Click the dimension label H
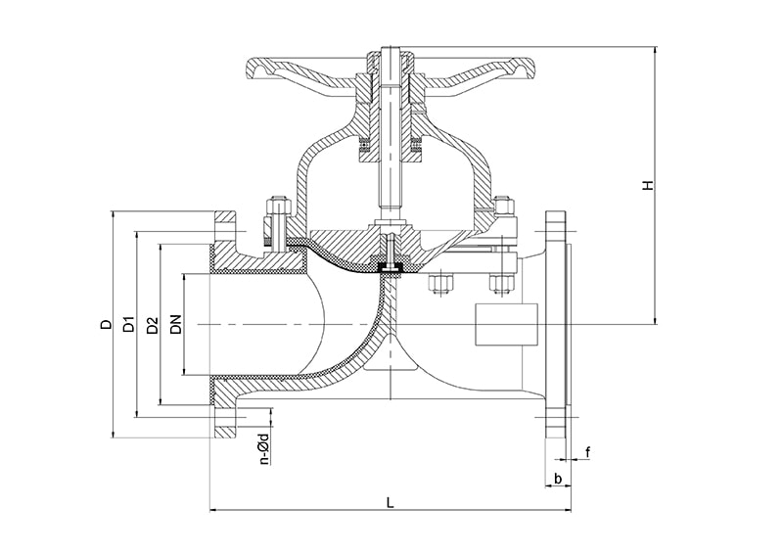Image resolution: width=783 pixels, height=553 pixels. click(648, 185)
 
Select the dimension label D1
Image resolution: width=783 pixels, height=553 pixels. click(128, 325)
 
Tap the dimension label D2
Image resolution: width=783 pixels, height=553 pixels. click(152, 325)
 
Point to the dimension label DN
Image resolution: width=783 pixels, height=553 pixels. click(175, 324)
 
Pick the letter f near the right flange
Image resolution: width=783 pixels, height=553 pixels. click(587, 451)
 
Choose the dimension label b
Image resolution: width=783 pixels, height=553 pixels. click(557, 479)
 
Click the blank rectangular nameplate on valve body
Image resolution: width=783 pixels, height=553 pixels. click(504, 323)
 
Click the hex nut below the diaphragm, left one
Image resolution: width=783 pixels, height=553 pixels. click(439, 285)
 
